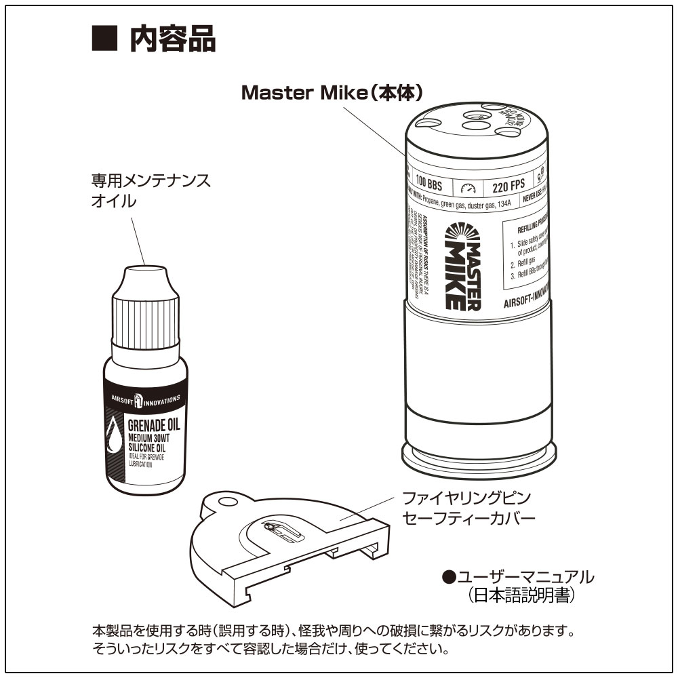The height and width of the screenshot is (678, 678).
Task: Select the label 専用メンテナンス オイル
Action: click(x=151, y=191)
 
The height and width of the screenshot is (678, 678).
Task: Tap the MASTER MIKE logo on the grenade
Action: click(x=462, y=266)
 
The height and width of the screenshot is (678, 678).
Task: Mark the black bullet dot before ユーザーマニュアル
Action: click(x=448, y=577)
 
